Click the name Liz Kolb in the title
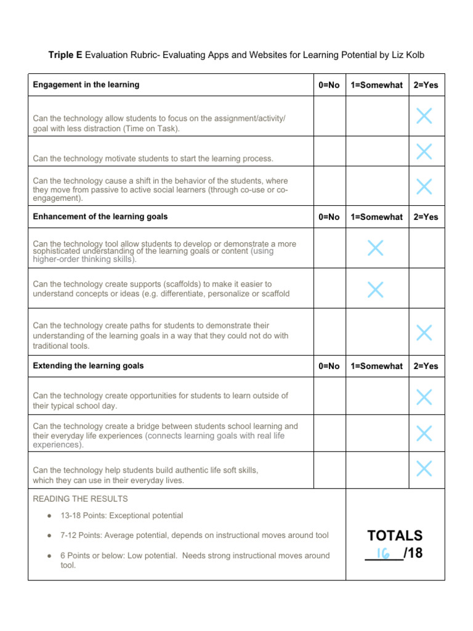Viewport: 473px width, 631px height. [x=407, y=55]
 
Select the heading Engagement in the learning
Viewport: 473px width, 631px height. [x=86, y=85]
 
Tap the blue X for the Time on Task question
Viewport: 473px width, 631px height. [x=424, y=116]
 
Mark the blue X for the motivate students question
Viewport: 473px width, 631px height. [x=424, y=151]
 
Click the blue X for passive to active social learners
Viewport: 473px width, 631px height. [x=424, y=186]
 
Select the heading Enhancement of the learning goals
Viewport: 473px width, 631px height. [x=100, y=217]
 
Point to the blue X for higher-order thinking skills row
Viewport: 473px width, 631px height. [x=375, y=248]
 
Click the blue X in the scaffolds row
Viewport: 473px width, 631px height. [x=375, y=288]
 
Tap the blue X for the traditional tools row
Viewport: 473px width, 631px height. [x=424, y=333]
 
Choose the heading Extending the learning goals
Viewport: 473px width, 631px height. [x=88, y=366]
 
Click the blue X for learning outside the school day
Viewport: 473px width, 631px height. [x=424, y=397]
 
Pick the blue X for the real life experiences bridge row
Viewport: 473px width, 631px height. [x=424, y=434]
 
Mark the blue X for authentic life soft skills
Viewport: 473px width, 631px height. [x=424, y=469]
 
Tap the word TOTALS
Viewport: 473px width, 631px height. [x=395, y=535]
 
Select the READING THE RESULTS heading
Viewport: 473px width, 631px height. [x=80, y=499]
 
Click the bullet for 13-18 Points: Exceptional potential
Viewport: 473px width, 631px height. [x=48, y=516]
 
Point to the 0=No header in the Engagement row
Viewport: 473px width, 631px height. [x=329, y=85]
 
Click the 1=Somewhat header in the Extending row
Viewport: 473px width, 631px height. [x=376, y=366]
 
